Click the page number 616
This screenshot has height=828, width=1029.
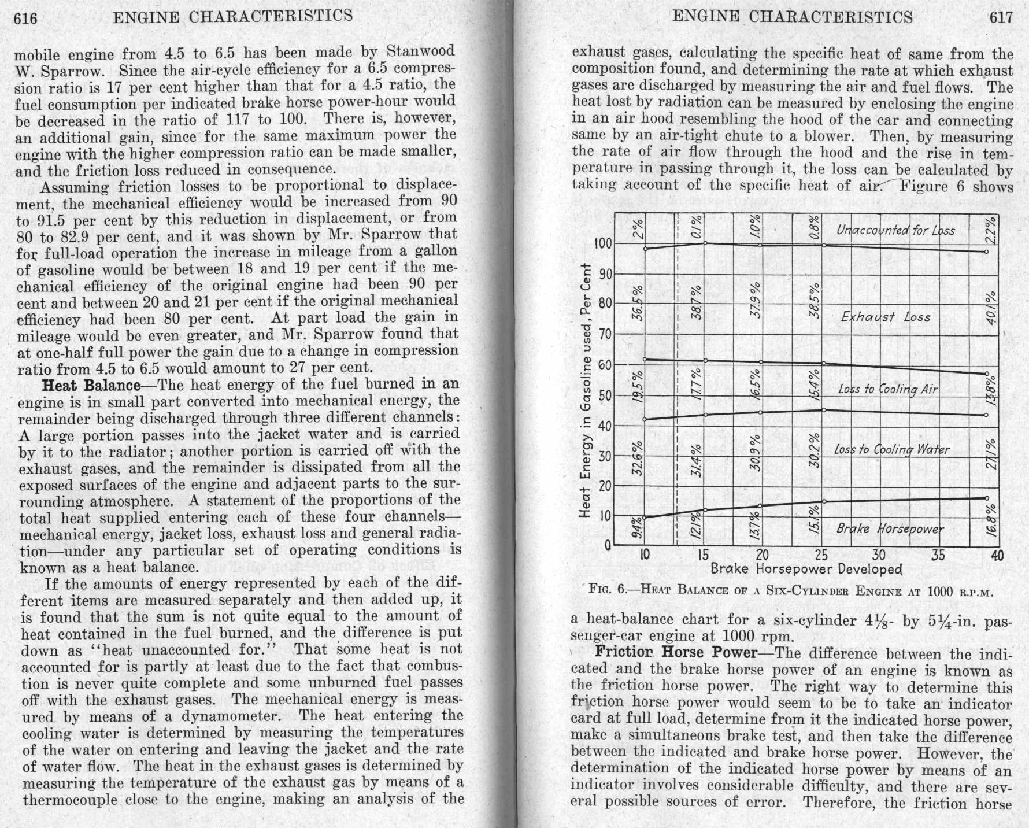[x=25, y=19]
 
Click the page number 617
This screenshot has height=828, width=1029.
[x=1001, y=17]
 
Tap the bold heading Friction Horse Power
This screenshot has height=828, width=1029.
[x=676, y=652]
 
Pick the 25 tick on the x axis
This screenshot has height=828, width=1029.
[x=821, y=556]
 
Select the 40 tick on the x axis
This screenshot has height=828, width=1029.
[x=997, y=556]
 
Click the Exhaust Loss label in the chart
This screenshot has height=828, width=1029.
[x=885, y=317]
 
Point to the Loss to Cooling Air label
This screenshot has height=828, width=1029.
[x=887, y=389]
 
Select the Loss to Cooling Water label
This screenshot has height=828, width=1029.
[x=891, y=450]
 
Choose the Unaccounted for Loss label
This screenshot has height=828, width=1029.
[x=895, y=230]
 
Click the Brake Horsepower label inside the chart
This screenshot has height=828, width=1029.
[x=890, y=529]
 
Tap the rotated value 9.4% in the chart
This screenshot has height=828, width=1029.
[x=636, y=527]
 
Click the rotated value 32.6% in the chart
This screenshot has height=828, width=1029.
[x=636, y=459]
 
